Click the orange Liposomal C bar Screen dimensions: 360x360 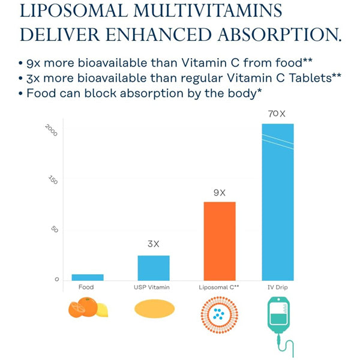click(220, 241)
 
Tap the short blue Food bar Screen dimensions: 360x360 click(88, 277)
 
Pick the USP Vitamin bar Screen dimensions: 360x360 click(154, 268)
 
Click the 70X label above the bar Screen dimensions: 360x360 click(277, 113)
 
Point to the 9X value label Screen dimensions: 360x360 click(220, 193)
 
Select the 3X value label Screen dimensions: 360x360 click(154, 244)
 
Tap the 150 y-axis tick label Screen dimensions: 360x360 click(53, 179)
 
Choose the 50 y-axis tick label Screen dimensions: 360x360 click(54, 230)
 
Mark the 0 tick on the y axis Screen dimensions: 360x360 click(56, 280)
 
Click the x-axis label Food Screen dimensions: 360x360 click(86, 287)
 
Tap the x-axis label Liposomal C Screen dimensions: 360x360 click(219, 287)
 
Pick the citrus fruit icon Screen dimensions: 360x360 click(88, 309)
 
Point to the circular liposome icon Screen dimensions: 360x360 click(220, 313)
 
